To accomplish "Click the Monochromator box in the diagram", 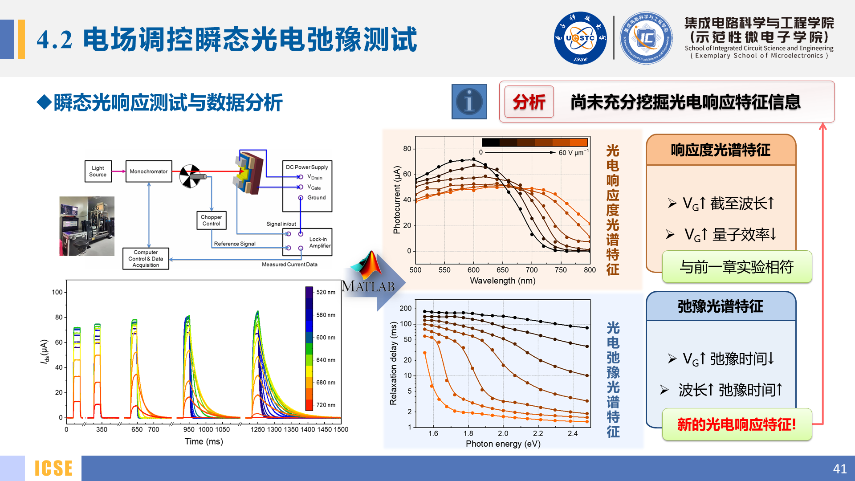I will [149, 171].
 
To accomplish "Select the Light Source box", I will [98, 171].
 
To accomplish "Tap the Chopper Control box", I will [212, 220].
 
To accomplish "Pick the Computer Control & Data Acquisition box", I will [146, 259].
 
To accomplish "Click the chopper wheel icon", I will [190, 176].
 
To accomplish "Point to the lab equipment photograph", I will [87, 226].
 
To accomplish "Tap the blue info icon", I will [469, 102].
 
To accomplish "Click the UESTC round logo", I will [580, 38].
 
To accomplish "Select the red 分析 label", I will [529, 102].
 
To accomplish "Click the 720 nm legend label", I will [326, 405].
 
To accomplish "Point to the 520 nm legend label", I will [326, 292].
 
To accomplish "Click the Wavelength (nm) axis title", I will [502, 281].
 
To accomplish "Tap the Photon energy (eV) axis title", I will [503, 444].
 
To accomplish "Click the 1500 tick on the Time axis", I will [341, 429].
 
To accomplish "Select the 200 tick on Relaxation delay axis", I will [405, 308].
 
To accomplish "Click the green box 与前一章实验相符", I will [737, 267].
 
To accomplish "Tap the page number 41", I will [839, 469].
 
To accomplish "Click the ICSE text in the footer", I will [53, 469].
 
